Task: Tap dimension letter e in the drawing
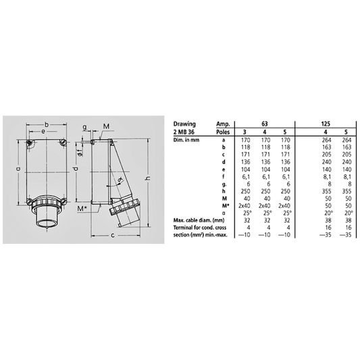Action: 43,133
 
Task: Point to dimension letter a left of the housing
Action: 18,169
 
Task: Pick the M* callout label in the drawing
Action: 82,209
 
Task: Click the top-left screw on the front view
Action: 28,144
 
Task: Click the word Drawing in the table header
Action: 184,124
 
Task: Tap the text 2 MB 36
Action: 185,133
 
